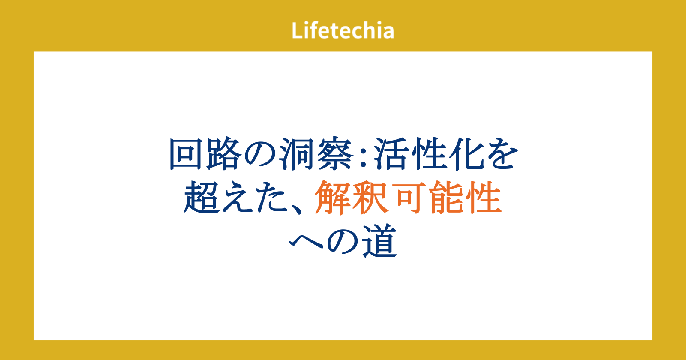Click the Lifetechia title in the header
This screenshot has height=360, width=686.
pos(343,30)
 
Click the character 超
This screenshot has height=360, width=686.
pos(202,197)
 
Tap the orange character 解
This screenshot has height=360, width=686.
pos(333,197)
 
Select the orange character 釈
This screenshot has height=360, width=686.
pos(370,197)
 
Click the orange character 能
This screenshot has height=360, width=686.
pos(446,197)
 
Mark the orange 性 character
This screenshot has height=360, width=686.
pos(484,197)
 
